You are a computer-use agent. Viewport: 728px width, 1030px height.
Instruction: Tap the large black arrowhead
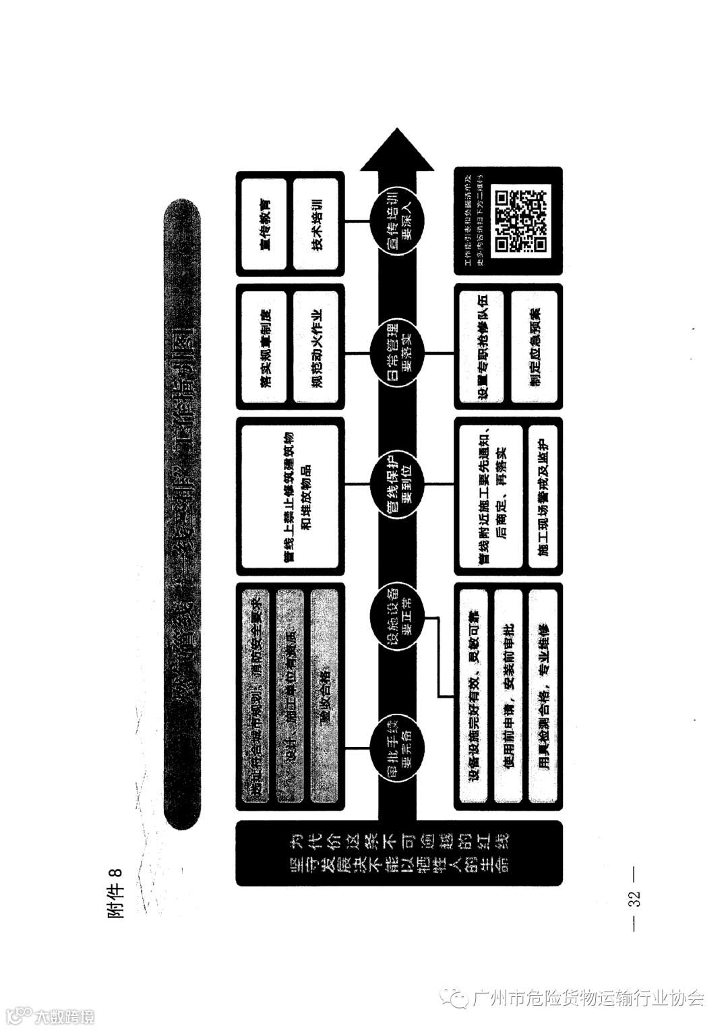[x=397, y=151]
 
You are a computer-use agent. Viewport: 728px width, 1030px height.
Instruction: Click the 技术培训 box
[x=316, y=224]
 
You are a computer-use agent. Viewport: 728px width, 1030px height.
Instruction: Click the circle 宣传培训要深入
[x=397, y=224]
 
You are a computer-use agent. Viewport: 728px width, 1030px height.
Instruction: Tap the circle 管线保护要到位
[x=397, y=483]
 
